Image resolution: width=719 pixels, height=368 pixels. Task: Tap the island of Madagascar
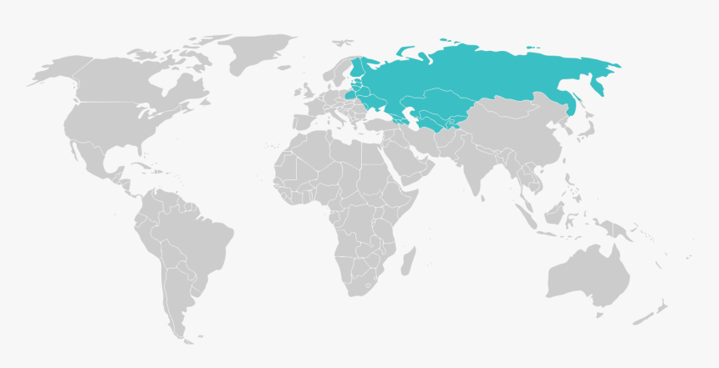click(x=406, y=260)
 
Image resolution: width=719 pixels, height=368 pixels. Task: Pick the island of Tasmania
click(x=599, y=315)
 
